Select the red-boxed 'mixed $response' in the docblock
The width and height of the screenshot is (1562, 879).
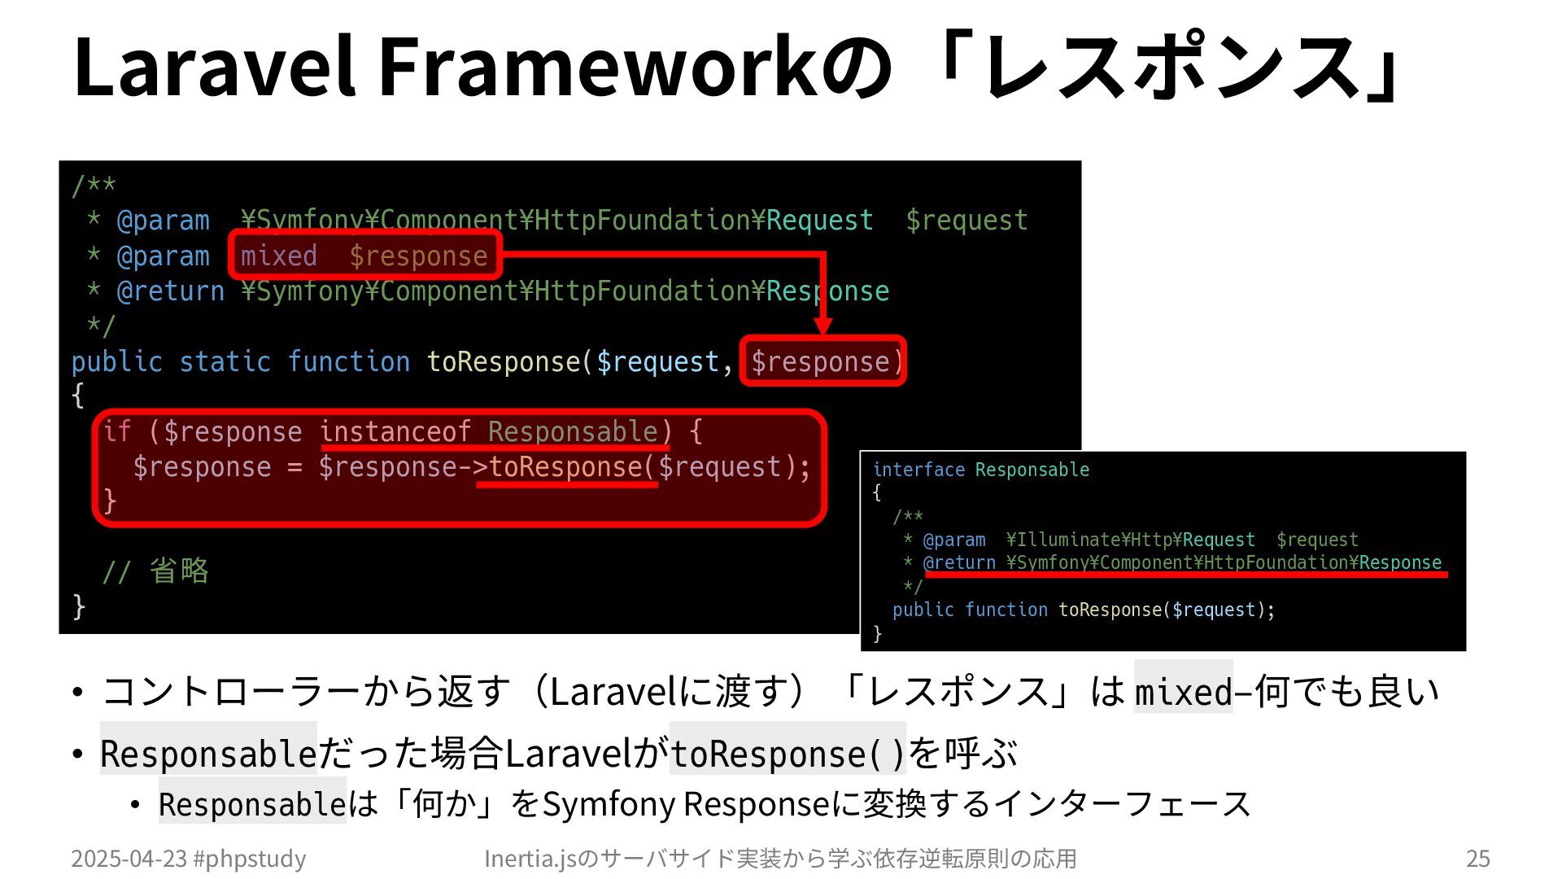[x=364, y=256]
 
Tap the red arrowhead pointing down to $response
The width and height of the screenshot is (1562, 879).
[x=822, y=326]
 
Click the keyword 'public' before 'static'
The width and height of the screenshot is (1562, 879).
[x=116, y=361]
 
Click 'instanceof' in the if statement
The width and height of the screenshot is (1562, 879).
[x=395, y=431]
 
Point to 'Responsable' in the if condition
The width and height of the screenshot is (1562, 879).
[x=573, y=431]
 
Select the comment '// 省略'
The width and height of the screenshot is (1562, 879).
[x=155, y=571]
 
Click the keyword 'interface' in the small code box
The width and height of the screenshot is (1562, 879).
[x=918, y=470]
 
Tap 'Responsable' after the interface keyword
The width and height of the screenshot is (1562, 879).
[x=1032, y=470]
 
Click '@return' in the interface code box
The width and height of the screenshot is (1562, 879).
[x=959, y=562]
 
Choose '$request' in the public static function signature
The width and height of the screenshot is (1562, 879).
[x=657, y=361]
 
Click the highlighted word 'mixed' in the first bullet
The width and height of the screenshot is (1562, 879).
[x=1184, y=692]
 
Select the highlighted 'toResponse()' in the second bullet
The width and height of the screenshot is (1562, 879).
[x=787, y=754]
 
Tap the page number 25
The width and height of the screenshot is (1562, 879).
[x=1477, y=858]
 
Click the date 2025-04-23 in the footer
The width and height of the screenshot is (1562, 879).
[x=129, y=858]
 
